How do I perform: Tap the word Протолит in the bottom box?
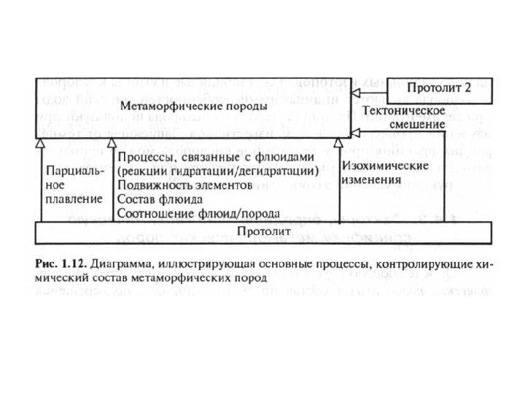[x=263, y=231]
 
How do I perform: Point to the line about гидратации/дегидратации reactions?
[x=217, y=171]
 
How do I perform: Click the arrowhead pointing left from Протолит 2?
[x=354, y=95]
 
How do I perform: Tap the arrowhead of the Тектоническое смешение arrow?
[x=354, y=132]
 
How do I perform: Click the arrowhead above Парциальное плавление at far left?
[x=42, y=143]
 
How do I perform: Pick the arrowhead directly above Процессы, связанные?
[x=112, y=143]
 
